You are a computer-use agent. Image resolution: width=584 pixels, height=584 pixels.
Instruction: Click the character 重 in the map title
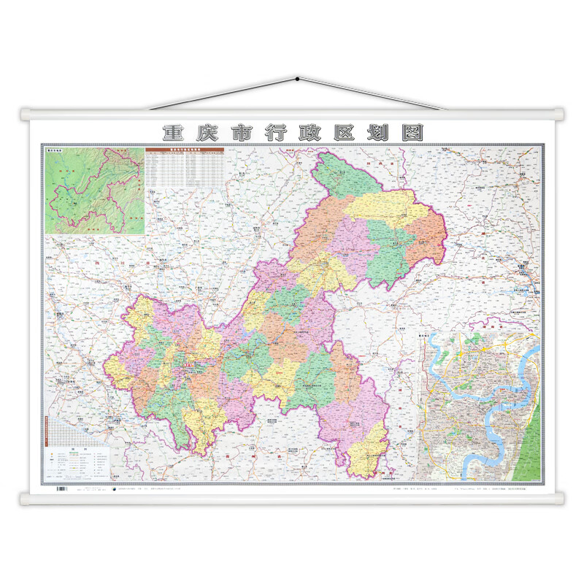[172, 133]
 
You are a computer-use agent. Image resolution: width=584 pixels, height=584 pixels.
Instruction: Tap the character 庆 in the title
[207, 133]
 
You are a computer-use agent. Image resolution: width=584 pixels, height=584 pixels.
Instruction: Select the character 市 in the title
[242, 133]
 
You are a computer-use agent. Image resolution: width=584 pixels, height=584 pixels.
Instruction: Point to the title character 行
[276, 133]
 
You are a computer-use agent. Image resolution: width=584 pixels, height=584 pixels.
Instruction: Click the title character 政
[310, 133]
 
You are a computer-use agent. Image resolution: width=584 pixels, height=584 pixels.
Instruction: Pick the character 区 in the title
[344, 133]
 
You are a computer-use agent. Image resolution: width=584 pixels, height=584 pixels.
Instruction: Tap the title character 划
[377, 133]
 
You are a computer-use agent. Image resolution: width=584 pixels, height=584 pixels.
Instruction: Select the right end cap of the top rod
[559, 115]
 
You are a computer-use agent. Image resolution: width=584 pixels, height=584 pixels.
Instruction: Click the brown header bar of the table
[184, 150]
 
